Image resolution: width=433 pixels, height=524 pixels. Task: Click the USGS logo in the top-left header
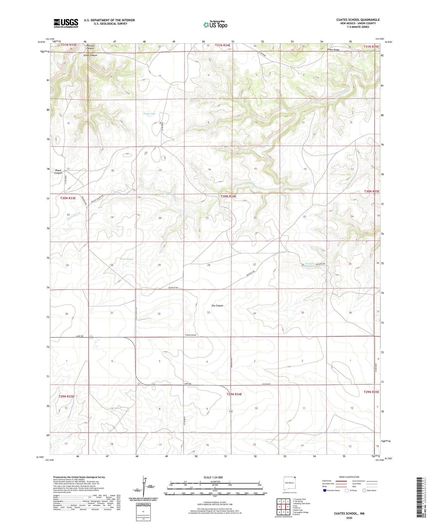[x=66, y=23]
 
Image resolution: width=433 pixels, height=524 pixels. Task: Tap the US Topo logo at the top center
[x=215, y=25]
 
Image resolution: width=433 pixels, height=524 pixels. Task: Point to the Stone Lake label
[x=149, y=114]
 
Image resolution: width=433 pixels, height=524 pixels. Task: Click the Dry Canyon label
[x=217, y=306]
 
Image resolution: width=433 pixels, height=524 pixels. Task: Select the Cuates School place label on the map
[x=190, y=335]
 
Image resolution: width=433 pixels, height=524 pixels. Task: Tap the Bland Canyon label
[x=58, y=172]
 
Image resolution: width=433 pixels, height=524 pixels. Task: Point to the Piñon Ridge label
[x=333, y=50]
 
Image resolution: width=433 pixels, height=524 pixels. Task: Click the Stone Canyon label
[x=90, y=56]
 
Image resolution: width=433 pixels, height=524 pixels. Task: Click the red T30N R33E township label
[x=68, y=198]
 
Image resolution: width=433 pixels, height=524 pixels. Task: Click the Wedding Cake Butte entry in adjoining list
[x=301, y=504]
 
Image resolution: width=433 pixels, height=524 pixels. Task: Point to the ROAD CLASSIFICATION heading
[x=349, y=477]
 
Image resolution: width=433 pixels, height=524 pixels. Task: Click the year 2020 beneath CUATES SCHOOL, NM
[x=349, y=518]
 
